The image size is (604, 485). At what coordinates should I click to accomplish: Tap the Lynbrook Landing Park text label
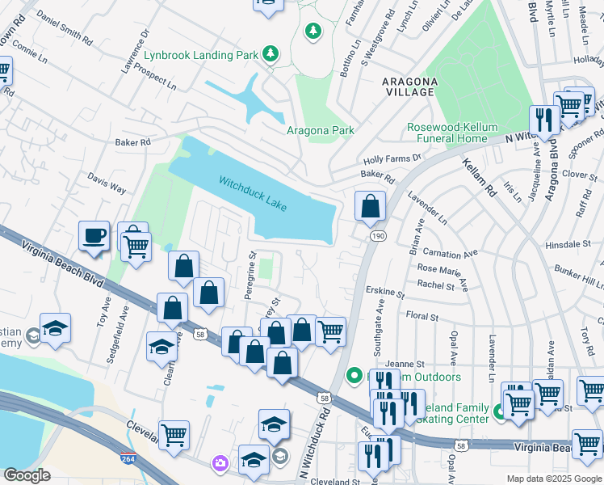[x=200, y=57]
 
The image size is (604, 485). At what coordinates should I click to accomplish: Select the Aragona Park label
[x=321, y=130]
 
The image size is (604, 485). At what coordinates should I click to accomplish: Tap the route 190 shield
[x=377, y=235]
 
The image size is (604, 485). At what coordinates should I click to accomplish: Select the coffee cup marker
[x=94, y=236]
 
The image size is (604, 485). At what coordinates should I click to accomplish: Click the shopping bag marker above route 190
[x=370, y=207]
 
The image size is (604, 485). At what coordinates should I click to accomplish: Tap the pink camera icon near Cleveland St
[x=220, y=463]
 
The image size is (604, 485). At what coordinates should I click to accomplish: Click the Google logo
[x=27, y=474]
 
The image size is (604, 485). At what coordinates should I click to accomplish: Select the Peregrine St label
[x=250, y=276]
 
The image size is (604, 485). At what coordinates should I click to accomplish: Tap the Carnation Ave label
[x=449, y=253]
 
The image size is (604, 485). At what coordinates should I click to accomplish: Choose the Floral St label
[x=422, y=317]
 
